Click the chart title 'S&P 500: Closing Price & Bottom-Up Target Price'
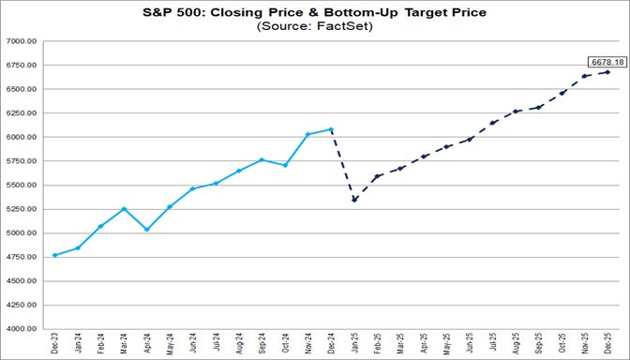click(314, 12)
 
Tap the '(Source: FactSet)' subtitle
click(314, 27)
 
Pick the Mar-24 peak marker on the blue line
click(124, 209)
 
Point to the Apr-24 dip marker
click(146, 229)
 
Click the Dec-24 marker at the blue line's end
click(331, 129)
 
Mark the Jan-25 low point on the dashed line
click(354, 200)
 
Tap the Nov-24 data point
click(308, 134)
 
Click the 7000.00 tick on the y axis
click(21, 42)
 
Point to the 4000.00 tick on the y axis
click(21, 329)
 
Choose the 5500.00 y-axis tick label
click(21, 186)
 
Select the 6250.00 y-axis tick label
click(21, 113)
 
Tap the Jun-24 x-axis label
click(193, 345)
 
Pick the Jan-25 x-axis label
click(354, 345)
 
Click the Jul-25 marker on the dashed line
click(493, 123)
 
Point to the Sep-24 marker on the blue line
click(262, 159)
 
